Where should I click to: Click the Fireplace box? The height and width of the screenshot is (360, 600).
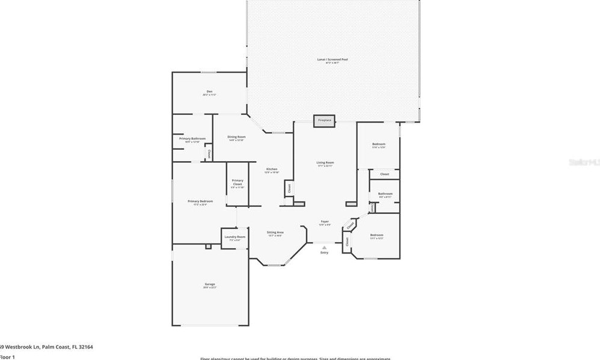pos(325,120)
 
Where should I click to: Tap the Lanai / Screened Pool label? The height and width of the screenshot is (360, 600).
pos(332,59)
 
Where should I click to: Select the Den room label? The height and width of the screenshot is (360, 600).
pos(209,92)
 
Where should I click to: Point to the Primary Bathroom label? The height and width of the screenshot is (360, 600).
pos(192,139)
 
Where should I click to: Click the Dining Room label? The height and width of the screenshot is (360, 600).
pos(236,137)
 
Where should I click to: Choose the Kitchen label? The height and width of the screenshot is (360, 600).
pos(272,169)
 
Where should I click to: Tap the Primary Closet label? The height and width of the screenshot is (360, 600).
pos(237,183)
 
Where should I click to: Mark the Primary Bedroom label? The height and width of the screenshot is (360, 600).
pos(200,201)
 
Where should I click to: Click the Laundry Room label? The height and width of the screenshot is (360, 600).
pos(235,237)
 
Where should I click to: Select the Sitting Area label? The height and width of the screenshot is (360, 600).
pos(275,232)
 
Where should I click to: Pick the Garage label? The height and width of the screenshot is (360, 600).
pos(209,284)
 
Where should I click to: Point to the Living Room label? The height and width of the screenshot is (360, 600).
pos(325,163)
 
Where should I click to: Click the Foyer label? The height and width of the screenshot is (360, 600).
pos(325,222)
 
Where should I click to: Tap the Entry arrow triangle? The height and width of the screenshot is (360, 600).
pos(324,246)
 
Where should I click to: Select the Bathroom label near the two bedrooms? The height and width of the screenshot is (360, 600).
pos(385,194)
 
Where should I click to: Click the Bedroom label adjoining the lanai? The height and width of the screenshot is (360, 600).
pos(379,144)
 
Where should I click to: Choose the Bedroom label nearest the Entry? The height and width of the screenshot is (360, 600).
pos(376,235)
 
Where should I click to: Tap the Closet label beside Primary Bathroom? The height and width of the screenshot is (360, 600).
pos(209,154)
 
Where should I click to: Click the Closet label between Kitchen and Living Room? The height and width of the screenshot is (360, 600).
pos(289,188)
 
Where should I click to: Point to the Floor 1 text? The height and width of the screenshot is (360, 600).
pos(7,357)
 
